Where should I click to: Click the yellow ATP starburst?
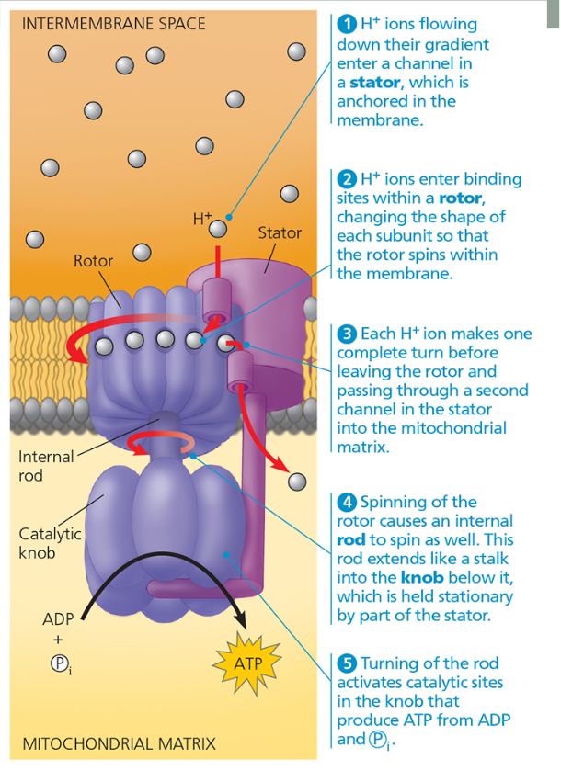[248, 663]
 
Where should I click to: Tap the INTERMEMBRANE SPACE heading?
[113, 24]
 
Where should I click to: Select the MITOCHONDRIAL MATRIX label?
[119, 743]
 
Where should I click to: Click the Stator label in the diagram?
[280, 232]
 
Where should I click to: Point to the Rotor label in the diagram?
[93, 261]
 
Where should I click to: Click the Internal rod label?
[41, 466]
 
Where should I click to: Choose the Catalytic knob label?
[50, 543]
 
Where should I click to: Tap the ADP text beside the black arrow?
[58, 619]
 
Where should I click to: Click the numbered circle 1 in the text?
[346, 25]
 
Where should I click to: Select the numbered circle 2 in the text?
[346, 179]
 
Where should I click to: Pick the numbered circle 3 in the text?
[346, 334]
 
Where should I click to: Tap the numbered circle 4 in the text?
[346, 502]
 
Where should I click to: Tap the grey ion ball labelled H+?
[218, 227]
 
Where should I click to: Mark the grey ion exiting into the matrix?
[296, 481]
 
